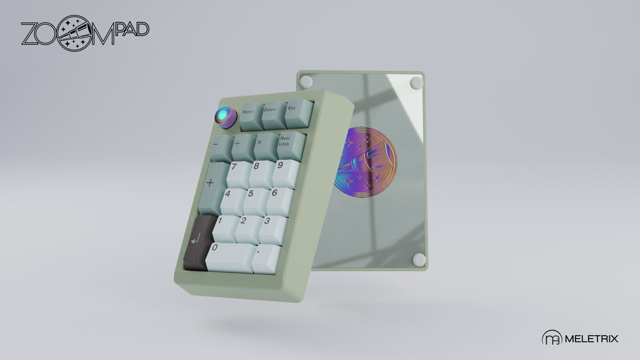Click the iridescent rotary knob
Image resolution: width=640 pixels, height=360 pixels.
coord(226,117)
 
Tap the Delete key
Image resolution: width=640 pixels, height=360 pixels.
coord(273,115)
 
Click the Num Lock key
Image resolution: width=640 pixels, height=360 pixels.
coord(291,145)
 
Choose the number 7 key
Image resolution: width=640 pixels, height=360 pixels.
coord(238,175)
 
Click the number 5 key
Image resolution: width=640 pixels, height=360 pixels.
coord(256,201)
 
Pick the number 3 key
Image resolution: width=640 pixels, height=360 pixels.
coord(272,229)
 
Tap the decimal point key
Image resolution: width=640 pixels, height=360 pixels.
coord(266,259)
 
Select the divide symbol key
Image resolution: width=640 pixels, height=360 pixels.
coord(243,147)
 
